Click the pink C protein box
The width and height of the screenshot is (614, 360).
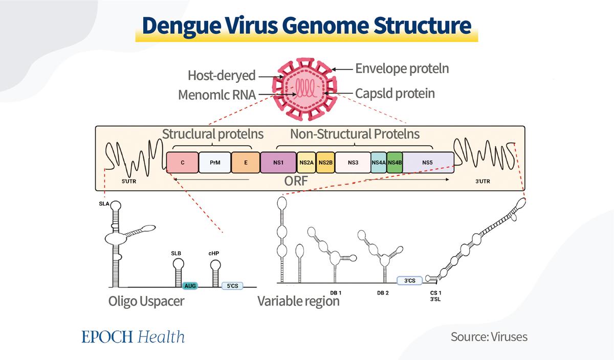[182, 163]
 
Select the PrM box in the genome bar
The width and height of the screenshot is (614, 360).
[215, 163]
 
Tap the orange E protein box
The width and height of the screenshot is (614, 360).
[246, 163]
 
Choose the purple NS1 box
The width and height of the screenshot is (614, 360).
[278, 163]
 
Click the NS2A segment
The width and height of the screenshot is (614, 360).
[306, 163]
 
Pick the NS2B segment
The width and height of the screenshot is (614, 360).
[325, 163]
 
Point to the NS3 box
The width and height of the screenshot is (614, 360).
[353, 163]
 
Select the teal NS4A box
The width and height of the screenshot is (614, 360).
[379, 163]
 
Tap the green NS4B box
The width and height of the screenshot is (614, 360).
[394, 163]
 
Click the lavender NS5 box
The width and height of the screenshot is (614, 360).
[428, 163]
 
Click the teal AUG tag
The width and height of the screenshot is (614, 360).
[190, 286]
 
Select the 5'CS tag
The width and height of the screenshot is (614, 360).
[232, 286]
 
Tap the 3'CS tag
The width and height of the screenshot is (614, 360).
[410, 281]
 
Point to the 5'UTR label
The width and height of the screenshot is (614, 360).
[129, 182]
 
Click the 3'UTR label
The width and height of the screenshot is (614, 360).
[483, 182]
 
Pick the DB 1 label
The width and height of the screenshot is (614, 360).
[336, 293]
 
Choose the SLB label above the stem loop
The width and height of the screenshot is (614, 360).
[176, 254]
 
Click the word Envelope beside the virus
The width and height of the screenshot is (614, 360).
[379, 69]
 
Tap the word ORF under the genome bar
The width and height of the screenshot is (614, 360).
[296, 181]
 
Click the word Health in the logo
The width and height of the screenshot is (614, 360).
[161, 336]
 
